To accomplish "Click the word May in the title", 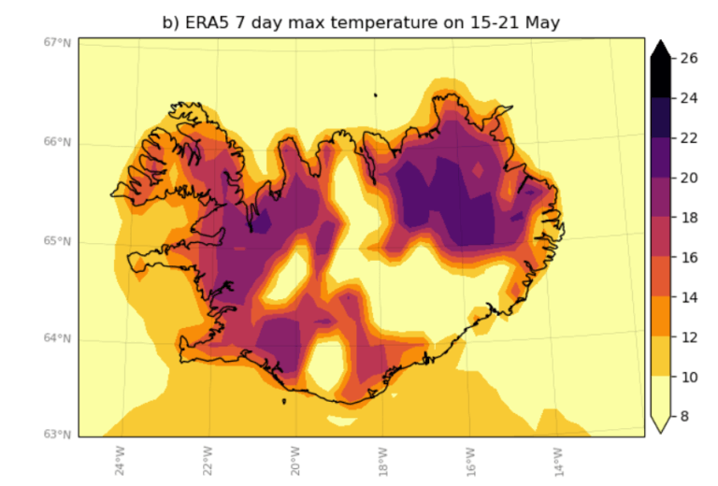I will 541,22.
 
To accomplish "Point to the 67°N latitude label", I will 57,42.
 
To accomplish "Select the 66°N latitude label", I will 57,142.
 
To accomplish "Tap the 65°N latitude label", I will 57,241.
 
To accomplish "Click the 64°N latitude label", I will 57,338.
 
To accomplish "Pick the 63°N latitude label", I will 57,435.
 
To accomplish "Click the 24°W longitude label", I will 119,459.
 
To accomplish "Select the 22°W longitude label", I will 207,459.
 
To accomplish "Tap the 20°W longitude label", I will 294,459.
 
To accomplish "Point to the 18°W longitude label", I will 382,459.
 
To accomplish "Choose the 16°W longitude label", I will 469,459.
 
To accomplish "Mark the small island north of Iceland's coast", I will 375,94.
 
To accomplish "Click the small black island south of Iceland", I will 283,401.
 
